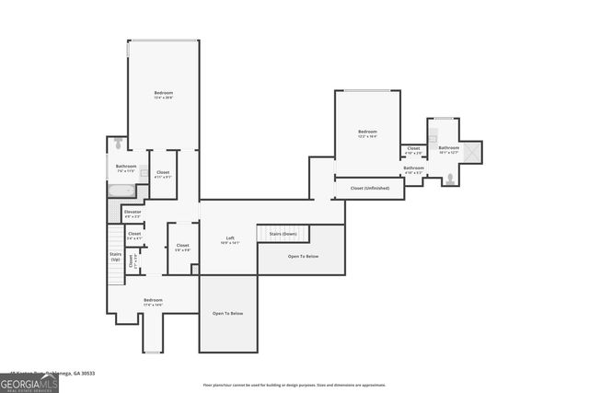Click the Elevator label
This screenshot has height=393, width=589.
133,214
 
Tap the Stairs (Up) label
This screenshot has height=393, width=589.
115,257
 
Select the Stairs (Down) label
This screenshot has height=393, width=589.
283,235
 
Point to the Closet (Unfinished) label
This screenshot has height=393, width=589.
369,188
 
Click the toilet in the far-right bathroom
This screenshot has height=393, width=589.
449,180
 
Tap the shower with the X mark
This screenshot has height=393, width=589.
472,151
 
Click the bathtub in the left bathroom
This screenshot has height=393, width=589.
121,191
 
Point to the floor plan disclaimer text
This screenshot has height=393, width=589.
294,386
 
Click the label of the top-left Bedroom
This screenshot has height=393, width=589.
163,95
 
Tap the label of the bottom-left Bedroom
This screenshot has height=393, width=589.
153,303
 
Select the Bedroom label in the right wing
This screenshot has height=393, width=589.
367,134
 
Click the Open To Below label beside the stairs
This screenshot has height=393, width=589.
303,256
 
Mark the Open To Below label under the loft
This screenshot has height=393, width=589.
227,314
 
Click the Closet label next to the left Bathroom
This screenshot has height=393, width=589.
163,174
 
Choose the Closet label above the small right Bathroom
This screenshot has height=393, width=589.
413,150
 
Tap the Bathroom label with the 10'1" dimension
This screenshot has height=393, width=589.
448,149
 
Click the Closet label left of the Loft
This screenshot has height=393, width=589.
182,247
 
